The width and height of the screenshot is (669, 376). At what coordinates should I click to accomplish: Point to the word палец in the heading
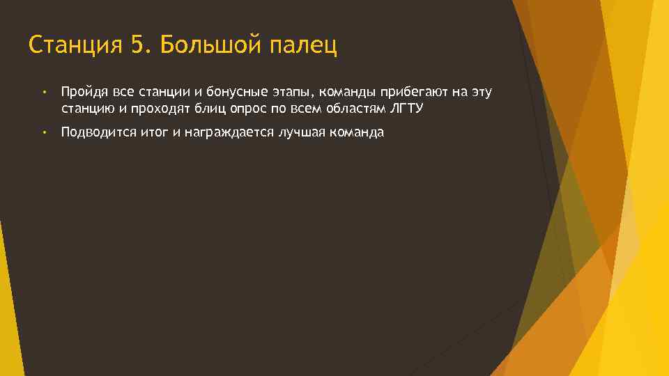click(x=302, y=46)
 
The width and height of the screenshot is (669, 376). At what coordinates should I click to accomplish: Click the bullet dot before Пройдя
click(x=43, y=93)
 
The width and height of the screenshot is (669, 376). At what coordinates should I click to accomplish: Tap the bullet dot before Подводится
click(x=43, y=132)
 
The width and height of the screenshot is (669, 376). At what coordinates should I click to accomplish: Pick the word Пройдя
click(x=80, y=93)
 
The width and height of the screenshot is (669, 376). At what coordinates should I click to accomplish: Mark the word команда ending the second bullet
click(x=358, y=132)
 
